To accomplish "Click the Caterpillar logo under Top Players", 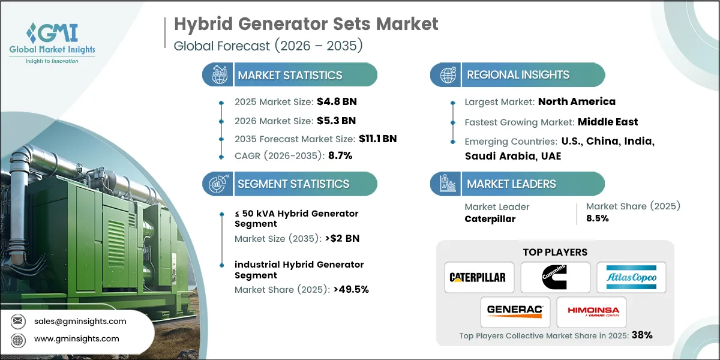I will click(479, 277).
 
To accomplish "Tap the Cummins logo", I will click(555, 277).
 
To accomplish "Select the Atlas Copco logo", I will click(631, 277).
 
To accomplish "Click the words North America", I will click(577, 101).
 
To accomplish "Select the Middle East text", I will click(608, 122).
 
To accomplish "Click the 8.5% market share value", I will click(598, 218).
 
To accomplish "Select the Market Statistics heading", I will click(290, 75).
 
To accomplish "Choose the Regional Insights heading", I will click(518, 75).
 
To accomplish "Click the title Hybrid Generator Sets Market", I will click(306, 24).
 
